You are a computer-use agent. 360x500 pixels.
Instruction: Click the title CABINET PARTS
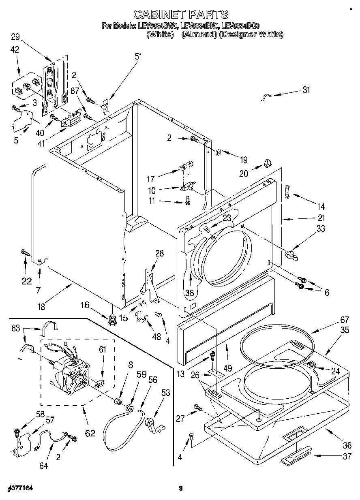click(180, 15)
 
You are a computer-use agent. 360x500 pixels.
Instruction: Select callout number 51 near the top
click(138, 56)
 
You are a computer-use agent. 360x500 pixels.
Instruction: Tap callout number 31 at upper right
click(306, 90)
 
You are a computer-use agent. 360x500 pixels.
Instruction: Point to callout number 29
click(15, 37)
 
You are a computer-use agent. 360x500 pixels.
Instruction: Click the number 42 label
click(15, 50)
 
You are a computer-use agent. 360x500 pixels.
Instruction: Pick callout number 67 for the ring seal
click(333, 320)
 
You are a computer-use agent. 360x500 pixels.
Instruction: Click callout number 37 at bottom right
click(347, 457)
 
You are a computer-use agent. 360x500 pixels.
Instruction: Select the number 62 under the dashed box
click(90, 433)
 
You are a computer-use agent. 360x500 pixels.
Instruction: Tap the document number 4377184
click(19, 488)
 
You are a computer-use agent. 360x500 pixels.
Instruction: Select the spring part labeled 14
click(287, 190)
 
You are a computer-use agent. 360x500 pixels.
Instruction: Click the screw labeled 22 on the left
click(24, 254)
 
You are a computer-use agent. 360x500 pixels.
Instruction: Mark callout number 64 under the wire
click(43, 466)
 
